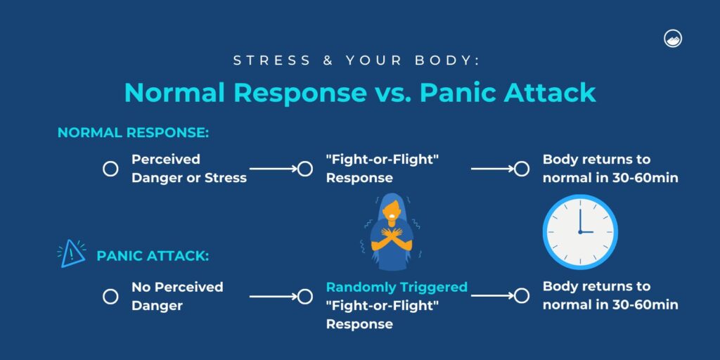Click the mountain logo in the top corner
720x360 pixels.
tap(673, 39)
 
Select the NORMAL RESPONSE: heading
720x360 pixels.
tap(134, 132)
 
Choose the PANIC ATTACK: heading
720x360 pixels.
tap(153, 256)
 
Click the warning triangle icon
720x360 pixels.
tap(70, 253)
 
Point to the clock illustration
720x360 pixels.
tap(580, 231)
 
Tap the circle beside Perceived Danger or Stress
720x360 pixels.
tap(110, 169)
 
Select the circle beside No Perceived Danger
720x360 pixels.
tap(110, 296)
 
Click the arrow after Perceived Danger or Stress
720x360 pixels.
tap(274, 169)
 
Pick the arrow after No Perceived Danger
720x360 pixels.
tap(274, 296)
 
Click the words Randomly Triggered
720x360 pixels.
tap(397, 287)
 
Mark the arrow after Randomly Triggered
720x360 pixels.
tap(492, 296)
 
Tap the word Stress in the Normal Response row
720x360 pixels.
tap(225, 178)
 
